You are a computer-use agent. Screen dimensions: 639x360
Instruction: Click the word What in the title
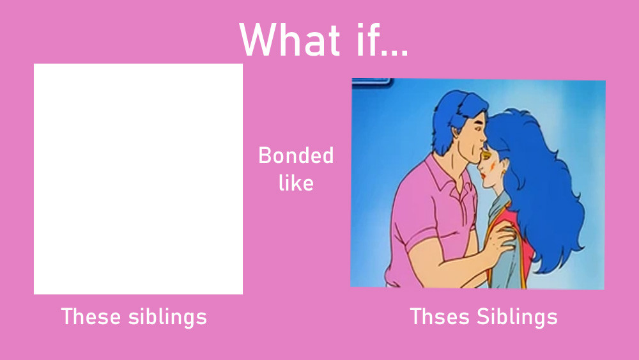click(x=289, y=40)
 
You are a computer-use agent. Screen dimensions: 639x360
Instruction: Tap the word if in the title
click(x=367, y=39)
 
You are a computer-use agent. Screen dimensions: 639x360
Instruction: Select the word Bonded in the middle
click(x=296, y=155)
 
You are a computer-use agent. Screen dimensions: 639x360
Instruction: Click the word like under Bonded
click(x=296, y=182)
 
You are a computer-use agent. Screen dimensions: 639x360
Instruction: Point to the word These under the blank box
click(x=91, y=317)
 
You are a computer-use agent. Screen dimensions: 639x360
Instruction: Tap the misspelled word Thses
click(x=440, y=317)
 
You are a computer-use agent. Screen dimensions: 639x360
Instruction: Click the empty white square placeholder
click(x=138, y=178)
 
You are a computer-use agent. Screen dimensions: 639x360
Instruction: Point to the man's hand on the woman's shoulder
click(x=500, y=239)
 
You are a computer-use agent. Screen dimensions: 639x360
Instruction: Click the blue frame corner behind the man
click(x=372, y=82)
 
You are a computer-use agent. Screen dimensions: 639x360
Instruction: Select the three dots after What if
click(x=395, y=52)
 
